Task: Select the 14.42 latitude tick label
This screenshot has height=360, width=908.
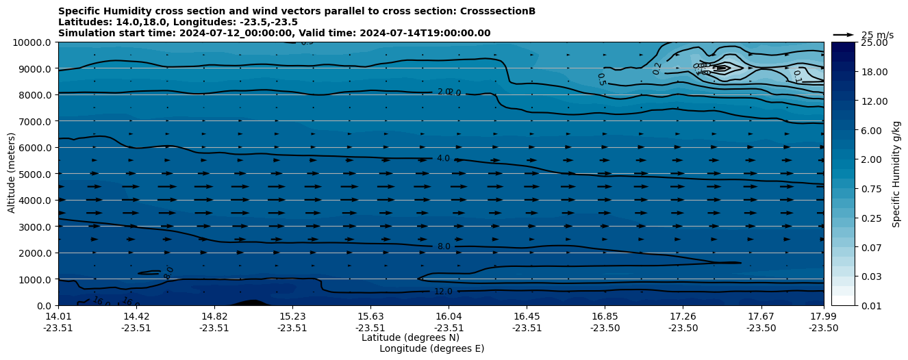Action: click(136, 316)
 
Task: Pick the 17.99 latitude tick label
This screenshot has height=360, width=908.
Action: click(823, 316)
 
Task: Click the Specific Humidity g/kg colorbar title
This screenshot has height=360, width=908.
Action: click(896, 174)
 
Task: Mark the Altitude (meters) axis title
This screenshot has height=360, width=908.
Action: click(12, 174)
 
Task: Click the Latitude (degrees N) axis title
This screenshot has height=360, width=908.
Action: click(410, 337)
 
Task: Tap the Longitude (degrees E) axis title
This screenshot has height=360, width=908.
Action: click(431, 348)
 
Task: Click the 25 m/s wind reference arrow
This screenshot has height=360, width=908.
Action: click(844, 34)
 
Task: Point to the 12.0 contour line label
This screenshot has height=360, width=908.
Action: click(443, 292)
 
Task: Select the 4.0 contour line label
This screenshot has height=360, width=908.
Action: click(443, 159)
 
